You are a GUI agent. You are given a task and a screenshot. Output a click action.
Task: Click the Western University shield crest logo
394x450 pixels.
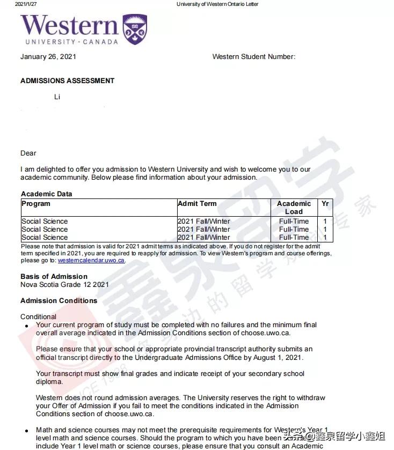pos(134,29)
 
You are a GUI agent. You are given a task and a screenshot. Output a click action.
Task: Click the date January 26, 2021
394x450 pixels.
pos(48,57)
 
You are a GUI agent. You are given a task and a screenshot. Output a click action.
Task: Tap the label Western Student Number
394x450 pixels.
pos(253,57)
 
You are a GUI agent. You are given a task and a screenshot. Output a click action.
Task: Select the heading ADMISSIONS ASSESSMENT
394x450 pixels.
pos(67,81)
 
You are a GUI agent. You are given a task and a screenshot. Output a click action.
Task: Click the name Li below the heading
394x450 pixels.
pos(57,97)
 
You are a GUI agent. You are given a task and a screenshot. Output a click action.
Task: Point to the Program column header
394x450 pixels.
pos(36,204)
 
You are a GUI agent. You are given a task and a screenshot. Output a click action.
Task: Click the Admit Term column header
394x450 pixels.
pos(197,204)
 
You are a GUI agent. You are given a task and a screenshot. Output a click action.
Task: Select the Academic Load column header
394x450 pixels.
pos(294,208)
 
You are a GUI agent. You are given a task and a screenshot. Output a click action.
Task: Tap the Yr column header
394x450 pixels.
pos(325,204)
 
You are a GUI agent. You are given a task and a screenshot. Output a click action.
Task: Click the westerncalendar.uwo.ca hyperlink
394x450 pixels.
pos(91,261)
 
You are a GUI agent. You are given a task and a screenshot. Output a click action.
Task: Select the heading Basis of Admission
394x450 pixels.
pos(54,277)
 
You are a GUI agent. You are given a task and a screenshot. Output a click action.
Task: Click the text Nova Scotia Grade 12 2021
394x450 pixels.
pos(64,285)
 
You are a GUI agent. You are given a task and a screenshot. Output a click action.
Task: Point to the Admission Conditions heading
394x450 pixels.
pos(59,301)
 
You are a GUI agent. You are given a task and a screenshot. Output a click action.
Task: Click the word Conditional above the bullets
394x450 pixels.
pos(38,317)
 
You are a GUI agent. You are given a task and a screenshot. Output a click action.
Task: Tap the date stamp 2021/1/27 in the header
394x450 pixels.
pos(26,4)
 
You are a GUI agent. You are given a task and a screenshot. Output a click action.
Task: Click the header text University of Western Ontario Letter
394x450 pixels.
pos(217,4)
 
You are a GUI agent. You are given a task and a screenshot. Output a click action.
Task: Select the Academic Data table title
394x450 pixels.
pos(46,194)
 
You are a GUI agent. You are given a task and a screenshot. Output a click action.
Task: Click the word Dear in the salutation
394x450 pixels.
pos(28,153)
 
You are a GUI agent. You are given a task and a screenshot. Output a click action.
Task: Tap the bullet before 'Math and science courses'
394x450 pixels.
pos(27,431)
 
